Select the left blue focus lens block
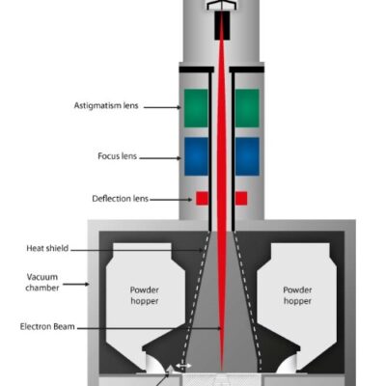coord(197,155)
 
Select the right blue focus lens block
coord(247,155)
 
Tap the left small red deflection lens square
coord(203,199)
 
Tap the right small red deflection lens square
coord(241,199)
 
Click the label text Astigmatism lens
coord(106,105)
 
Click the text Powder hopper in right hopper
coord(298,295)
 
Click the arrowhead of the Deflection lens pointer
coord(192,200)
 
